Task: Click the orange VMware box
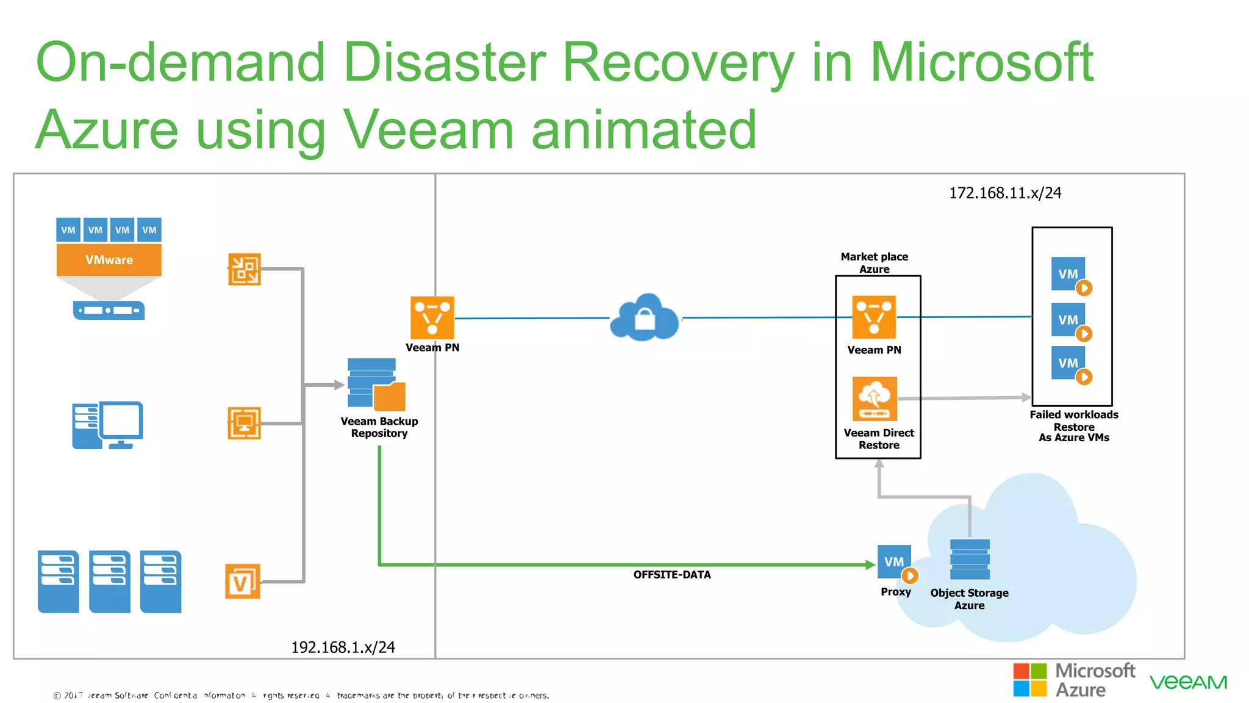click(x=109, y=260)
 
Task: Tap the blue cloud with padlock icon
click(x=645, y=318)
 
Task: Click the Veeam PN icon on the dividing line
click(x=432, y=317)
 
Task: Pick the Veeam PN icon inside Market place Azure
click(x=873, y=317)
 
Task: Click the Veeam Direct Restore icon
click(x=875, y=398)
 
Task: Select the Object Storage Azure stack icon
click(x=970, y=559)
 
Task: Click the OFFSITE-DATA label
click(x=671, y=575)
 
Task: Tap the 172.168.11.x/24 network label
click(x=1004, y=193)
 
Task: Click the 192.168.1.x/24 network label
click(x=343, y=647)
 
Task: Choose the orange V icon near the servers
click(x=242, y=582)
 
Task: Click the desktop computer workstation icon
click(x=108, y=425)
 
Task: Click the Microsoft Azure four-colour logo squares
click(x=1029, y=680)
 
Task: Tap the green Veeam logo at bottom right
click(x=1188, y=682)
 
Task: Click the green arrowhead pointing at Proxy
click(x=870, y=564)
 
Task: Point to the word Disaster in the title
click(x=445, y=62)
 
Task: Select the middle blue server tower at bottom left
click(x=110, y=582)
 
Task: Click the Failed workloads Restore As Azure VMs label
click(x=1073, y=426)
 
